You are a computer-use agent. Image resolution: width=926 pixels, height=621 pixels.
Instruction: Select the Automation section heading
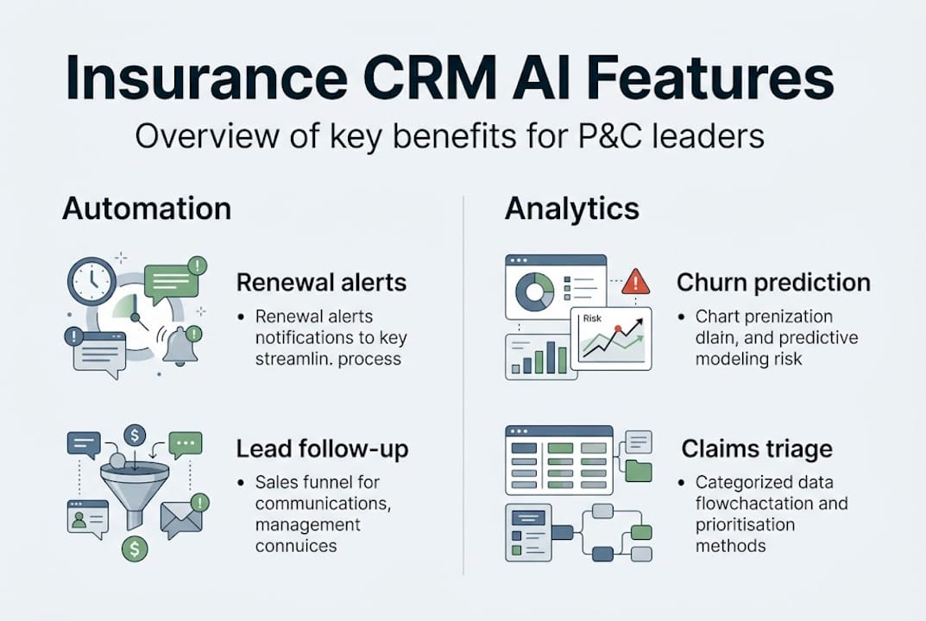click(x=147, y=209)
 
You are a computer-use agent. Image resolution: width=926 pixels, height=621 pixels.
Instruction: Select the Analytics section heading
click(x=572, y=209)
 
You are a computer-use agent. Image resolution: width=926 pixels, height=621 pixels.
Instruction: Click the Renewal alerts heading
click(x=321, y=282)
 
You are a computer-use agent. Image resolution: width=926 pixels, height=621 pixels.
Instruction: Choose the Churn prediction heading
click(x=773, y=282)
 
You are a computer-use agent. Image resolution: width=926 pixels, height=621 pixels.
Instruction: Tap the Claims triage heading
click(x=757, y=448)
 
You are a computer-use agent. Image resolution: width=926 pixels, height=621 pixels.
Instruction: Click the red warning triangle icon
click(x=636, y=281)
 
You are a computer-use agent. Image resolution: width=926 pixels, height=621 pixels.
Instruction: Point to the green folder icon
click(x=638, y=470)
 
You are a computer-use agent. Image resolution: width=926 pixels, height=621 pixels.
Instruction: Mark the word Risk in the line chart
click(x=592, y=318)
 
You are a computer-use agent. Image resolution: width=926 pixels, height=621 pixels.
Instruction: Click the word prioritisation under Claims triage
click(x=746, y=524)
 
